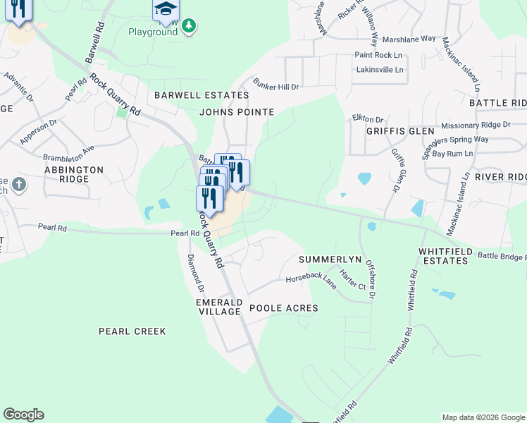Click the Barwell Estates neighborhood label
(x=202, y=95)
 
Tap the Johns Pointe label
(x=236, y=111)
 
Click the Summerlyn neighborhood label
(x=330, y=259)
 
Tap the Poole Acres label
(x=284, y=308)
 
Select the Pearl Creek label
(x=132, y=331)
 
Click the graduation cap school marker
(x=166, y=9)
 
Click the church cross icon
(x=19, y=185)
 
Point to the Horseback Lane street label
(x=311, y=280)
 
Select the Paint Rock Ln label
(x=379, y=55)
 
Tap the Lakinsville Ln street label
(x=380, y=70)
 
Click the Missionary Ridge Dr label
(x=476, y=125)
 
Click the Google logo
(x=23, y=415)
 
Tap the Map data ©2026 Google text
(x=483, y=417)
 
